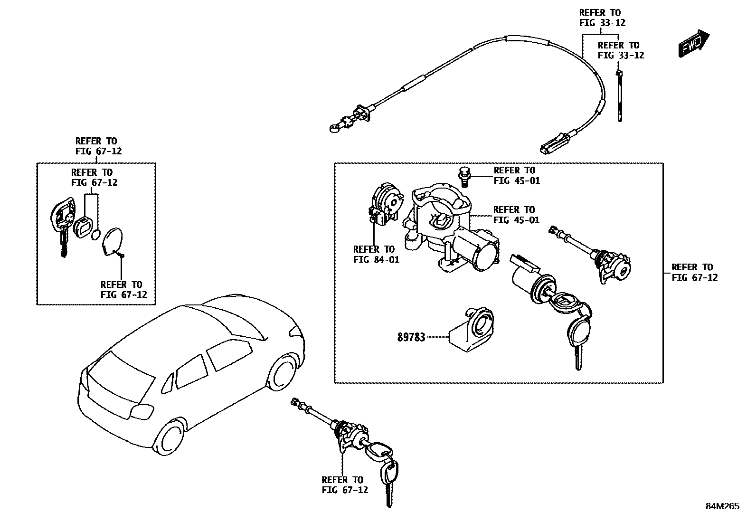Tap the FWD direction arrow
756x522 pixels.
pyautogui.click(x=693, y=44)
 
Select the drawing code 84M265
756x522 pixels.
pyautogui.click(x=722, y=506)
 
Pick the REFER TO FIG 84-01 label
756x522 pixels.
pyautogui.click(x=376, y=254)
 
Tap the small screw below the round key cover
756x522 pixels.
pyautogui.click(x=122, y=256)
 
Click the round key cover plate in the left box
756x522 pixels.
pyautogui.click(x=113, y=240)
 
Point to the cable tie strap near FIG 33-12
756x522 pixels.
pyautogui.click(x=620, y=95)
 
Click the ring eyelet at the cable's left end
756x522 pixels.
pyautogui.click(x=333, y=127)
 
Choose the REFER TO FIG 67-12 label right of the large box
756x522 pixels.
pyautogui.click(x=694, y=272)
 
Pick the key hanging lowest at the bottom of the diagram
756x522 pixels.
pyautogui.click(x=390, y=480)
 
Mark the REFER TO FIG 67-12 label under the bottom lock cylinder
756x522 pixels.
pyautogui.click(x=344, y=485)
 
